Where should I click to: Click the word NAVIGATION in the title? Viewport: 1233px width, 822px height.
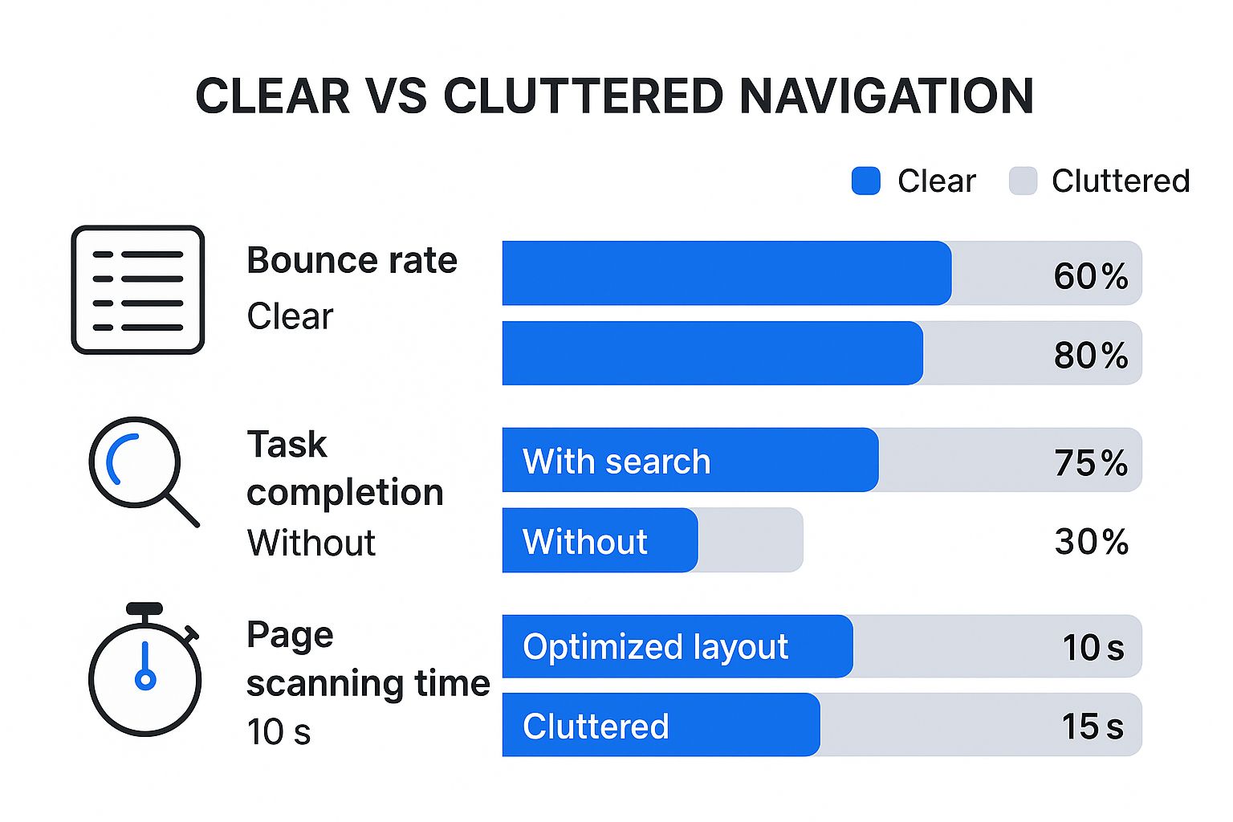(886, 96)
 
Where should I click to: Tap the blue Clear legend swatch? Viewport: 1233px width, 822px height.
(865, 181)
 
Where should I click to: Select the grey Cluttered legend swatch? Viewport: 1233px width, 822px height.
(1023, 181)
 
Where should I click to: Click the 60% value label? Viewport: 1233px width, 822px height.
(1090, 276)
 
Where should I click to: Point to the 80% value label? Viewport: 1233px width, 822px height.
(1090, 355)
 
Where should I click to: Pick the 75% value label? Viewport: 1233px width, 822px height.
(1090, 462)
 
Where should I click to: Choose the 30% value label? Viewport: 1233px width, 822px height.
(1091, 542)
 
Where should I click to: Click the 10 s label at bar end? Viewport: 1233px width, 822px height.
(1093, 647)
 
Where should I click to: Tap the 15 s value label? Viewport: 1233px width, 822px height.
(1092, 726)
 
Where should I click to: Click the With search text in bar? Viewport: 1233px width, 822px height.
(616, 462)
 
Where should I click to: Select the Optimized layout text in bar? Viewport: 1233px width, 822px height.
(655, 647)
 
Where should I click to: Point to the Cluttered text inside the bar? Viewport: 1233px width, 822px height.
(596, 726)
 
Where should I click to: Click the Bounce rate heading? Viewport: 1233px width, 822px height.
(352, 260)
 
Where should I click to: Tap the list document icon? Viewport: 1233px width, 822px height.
(138, 290)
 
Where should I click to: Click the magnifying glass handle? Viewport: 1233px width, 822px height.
(182, 510)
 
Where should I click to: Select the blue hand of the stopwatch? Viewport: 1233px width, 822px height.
(145, 666)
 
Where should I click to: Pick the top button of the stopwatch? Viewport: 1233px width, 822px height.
(144, 608)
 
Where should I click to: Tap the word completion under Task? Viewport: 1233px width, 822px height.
(345, 492)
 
